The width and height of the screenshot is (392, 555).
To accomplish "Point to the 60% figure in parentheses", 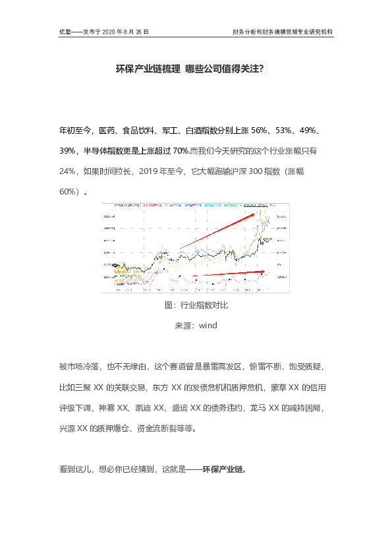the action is (x=68, y=192).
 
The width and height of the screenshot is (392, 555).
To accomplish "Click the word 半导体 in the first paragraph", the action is (x=97, y=151).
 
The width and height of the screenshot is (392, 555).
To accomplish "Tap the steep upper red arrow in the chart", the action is (x=217, y=230).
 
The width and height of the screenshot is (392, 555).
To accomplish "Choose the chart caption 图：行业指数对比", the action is (x=196, y=306).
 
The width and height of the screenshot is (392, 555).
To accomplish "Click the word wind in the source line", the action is (x=208, y=325).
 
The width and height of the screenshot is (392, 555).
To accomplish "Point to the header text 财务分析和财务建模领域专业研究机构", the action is (x=283, y=31).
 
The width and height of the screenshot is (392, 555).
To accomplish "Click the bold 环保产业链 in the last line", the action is (x=224, y=470).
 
